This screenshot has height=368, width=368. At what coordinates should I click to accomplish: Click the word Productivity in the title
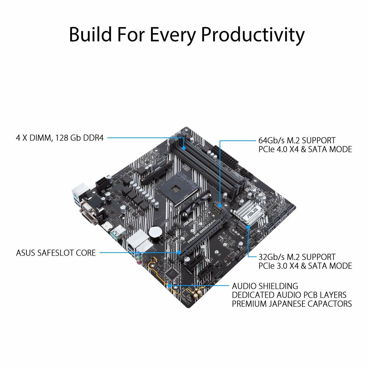(x=252, y=34)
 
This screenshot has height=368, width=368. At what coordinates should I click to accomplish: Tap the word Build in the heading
(x=90, y=34)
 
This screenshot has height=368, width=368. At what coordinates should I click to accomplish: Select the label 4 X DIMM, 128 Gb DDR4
(x=60, y=138)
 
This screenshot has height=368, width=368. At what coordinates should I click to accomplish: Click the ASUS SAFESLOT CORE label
(x=56, y=253)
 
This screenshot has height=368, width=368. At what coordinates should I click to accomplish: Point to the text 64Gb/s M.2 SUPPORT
(x=297, y=140)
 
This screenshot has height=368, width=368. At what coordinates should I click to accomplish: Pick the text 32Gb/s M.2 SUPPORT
(x=297, y=257)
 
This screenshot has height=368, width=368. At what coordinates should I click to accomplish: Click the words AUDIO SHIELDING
(x=265, y=286)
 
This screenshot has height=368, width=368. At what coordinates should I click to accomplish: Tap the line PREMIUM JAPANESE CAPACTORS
(x=292, y=304)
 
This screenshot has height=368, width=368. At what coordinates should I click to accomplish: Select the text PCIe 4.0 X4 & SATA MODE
(x=305, y=149)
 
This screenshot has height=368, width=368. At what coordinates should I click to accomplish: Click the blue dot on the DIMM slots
(x=183, y=148)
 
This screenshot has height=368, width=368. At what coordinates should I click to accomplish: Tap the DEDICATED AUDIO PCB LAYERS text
(x=289, y=295)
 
